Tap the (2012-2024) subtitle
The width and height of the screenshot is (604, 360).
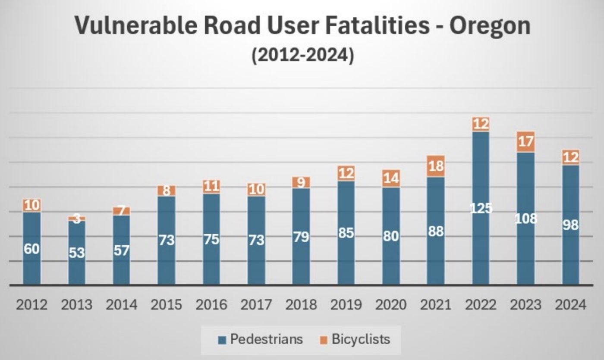pyautogui.click(x=302, y=56)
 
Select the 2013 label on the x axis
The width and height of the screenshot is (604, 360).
pyautogui.click(x=76, y=305)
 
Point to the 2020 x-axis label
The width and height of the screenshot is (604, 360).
pyautogui.click(x=391, y=305)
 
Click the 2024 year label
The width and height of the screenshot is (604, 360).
pyautogui.click(x=570, y=305)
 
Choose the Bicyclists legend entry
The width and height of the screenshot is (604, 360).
pyautogui.click(x=360, y=339)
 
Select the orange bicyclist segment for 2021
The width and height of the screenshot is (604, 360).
pyautogui.click(x=436, y=166)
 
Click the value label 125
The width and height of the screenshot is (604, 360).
pyautogui.click(x=481, y=208)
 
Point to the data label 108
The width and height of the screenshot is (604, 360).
pyautogui.click(x=526, y=219)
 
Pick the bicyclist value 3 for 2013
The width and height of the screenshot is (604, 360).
pyautogui.click(x=77, y=219)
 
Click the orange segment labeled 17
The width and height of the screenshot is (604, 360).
pyautogui.click(x=525, y=142)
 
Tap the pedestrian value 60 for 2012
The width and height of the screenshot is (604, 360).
pyautogui.click(x=31, y=249)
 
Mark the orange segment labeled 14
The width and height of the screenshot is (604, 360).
pyautogui.click(x=391, y=178)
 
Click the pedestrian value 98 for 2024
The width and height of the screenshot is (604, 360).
pyautogui.click(x=570, y=225)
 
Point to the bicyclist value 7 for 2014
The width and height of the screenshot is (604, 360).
pyautogui.click(x=121, y=211)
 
